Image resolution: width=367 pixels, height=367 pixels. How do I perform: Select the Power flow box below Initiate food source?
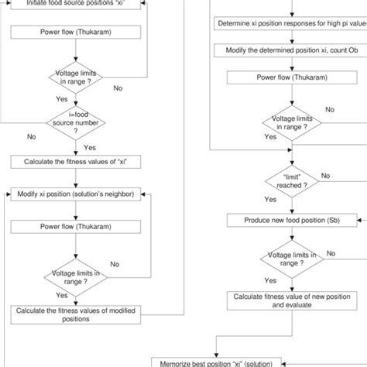click(74, 34)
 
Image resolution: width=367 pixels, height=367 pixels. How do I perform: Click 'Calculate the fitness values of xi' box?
click(74, 162)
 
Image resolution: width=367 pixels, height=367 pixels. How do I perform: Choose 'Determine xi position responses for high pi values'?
click(292, 22)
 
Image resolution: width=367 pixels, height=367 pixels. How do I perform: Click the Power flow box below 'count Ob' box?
click(292, 77)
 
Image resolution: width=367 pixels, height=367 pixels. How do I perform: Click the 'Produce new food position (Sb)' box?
click(292, 221)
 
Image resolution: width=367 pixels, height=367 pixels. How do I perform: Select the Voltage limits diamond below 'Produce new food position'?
click(292, 257)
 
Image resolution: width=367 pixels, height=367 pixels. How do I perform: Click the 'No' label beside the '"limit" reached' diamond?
click(325, 175)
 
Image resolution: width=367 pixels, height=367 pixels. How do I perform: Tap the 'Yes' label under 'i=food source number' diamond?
click(89, 146)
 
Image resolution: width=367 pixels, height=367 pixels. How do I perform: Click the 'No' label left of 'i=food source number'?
click(31, 136)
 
